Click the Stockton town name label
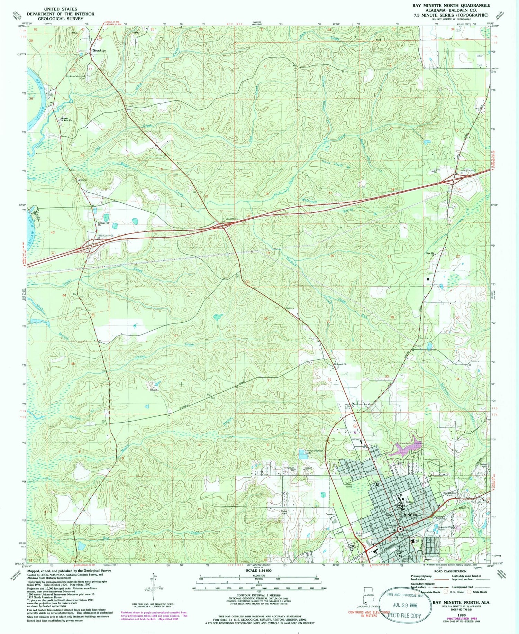tap(99, 50)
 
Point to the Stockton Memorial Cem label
tap(75, 77)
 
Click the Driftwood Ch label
tap(340, 364)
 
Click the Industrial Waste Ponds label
tap(446, 528)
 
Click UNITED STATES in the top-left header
tap(61, 9)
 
